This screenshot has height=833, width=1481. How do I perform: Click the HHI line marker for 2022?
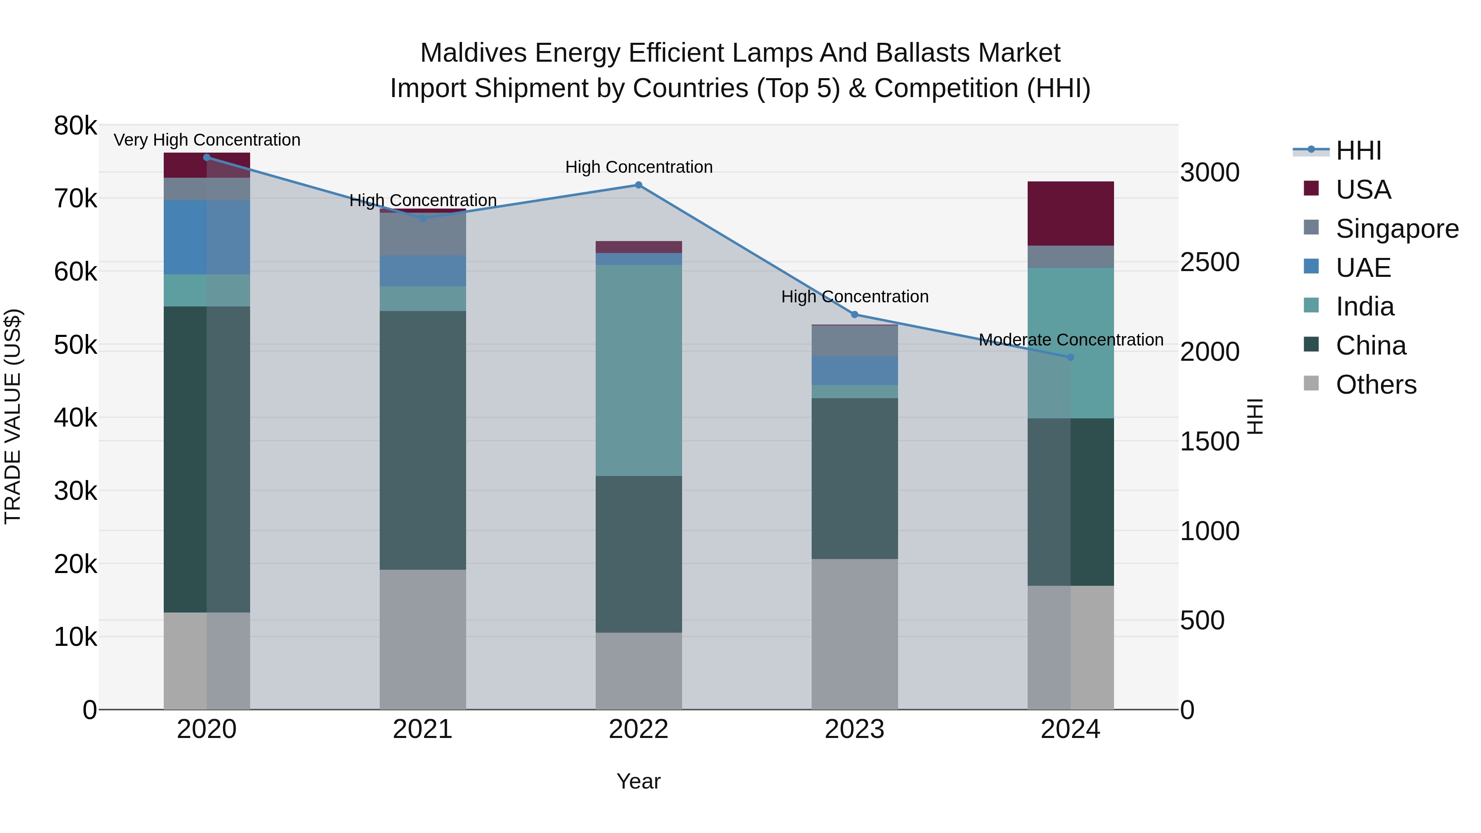(638, 185)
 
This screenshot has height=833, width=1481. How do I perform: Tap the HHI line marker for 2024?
(1070, 357)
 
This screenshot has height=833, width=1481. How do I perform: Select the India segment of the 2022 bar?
(638, 370)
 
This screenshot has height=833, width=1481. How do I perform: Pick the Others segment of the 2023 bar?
(854, 633)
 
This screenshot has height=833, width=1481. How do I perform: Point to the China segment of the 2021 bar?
(422, 440)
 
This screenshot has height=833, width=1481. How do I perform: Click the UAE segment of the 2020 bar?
(207, 237)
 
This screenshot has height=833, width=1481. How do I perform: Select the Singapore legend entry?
(1397, 229)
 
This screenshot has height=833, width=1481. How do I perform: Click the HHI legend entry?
(1358, 151)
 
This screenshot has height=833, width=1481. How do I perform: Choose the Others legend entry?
(1376, 385)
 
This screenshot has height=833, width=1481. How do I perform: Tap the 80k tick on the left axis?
(75, 126)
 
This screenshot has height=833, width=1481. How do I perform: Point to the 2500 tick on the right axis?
(1209, 262)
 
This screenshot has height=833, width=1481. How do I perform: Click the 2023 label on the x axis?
(854, 729)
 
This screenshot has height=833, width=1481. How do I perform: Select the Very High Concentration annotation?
(207, 140)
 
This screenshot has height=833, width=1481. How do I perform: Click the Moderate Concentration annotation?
(1070, 340)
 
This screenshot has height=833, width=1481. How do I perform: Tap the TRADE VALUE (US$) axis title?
(13, 416)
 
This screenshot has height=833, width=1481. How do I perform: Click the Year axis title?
(638, 781)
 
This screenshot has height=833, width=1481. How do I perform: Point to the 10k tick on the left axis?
(75, 637)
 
